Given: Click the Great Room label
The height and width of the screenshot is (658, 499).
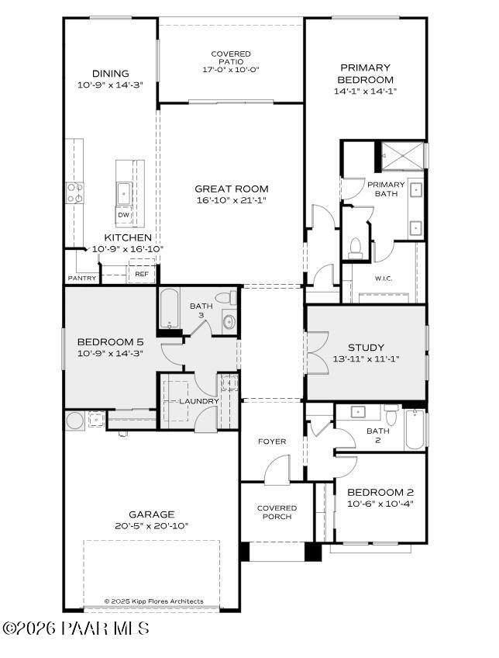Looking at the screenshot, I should pos(231,189).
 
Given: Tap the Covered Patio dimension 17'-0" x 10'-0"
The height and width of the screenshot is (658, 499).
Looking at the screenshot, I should pos(231,69).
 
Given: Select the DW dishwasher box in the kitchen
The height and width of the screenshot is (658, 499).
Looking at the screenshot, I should pos(123,215).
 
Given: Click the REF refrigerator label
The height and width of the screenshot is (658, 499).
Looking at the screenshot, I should pos(142,274).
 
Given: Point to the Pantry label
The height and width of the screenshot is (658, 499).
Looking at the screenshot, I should pos(82,278).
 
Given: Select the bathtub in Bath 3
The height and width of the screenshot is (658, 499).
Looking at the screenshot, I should pos(170,310).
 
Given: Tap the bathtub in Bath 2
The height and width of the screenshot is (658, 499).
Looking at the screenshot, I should pos(415,431).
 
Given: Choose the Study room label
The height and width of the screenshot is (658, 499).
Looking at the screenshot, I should pos(366,348).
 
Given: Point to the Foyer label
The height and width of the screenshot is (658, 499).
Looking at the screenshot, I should pos(272,442).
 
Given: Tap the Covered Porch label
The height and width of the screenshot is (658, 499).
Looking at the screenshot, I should pos(277,512).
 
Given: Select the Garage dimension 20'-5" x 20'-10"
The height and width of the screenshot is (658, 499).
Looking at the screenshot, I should pos(152,525).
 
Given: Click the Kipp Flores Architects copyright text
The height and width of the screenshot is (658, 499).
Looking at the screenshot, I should pos(153,601).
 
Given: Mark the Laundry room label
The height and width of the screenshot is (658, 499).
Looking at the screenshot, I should pos(199,400).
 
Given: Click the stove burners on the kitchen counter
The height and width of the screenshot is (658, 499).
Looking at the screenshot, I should pos(75,192).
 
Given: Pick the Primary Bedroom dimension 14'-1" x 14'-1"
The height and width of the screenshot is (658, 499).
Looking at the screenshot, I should pos(364,91).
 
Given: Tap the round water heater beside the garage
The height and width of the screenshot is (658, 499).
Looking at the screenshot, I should pos(75,421).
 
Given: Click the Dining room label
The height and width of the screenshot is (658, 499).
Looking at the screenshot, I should pos(110,74).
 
